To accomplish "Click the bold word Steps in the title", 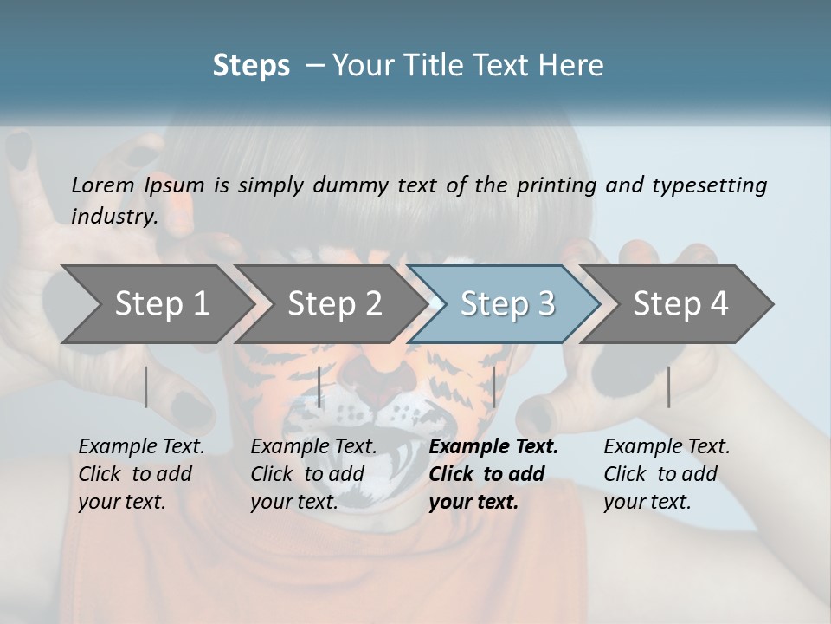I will [x=251, y=66].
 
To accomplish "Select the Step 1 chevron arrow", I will [x=156, y=303].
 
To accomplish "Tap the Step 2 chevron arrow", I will [x=329, y=303].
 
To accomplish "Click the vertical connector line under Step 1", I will [x=146, y=387].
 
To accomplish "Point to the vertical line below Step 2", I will [x=319, y=387].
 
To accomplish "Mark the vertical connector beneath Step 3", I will [x=493, y=387].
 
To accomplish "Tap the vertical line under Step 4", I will [x=668, y=387].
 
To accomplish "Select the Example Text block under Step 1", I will [x=141, y=474].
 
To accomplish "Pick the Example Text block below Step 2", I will [x=313, y=474].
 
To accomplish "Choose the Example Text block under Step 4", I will [x=667, y=474].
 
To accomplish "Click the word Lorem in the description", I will [x=103, y=185].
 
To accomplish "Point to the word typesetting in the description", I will [x=709, y=185].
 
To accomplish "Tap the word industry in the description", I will [x=114, y=216].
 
